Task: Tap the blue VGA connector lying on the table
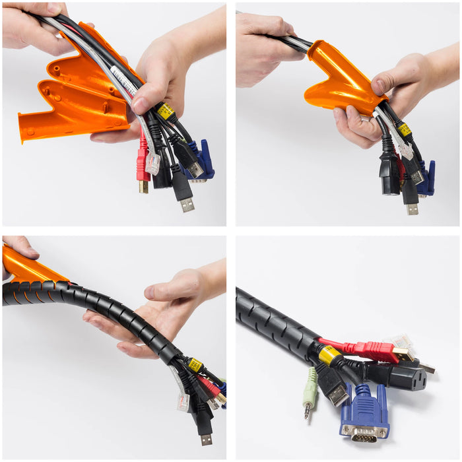[x=365, y=412]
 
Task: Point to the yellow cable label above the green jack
[x=329, y=355]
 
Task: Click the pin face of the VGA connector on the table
[x=365, y=433]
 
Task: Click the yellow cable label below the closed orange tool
[x=404, y=129]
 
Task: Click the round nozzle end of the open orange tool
[x=24, y=129]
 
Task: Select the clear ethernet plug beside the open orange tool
[x=152, y=163]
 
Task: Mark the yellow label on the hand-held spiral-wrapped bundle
[x=195, y=365]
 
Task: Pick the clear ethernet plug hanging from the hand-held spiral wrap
[x=183, y=401]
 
